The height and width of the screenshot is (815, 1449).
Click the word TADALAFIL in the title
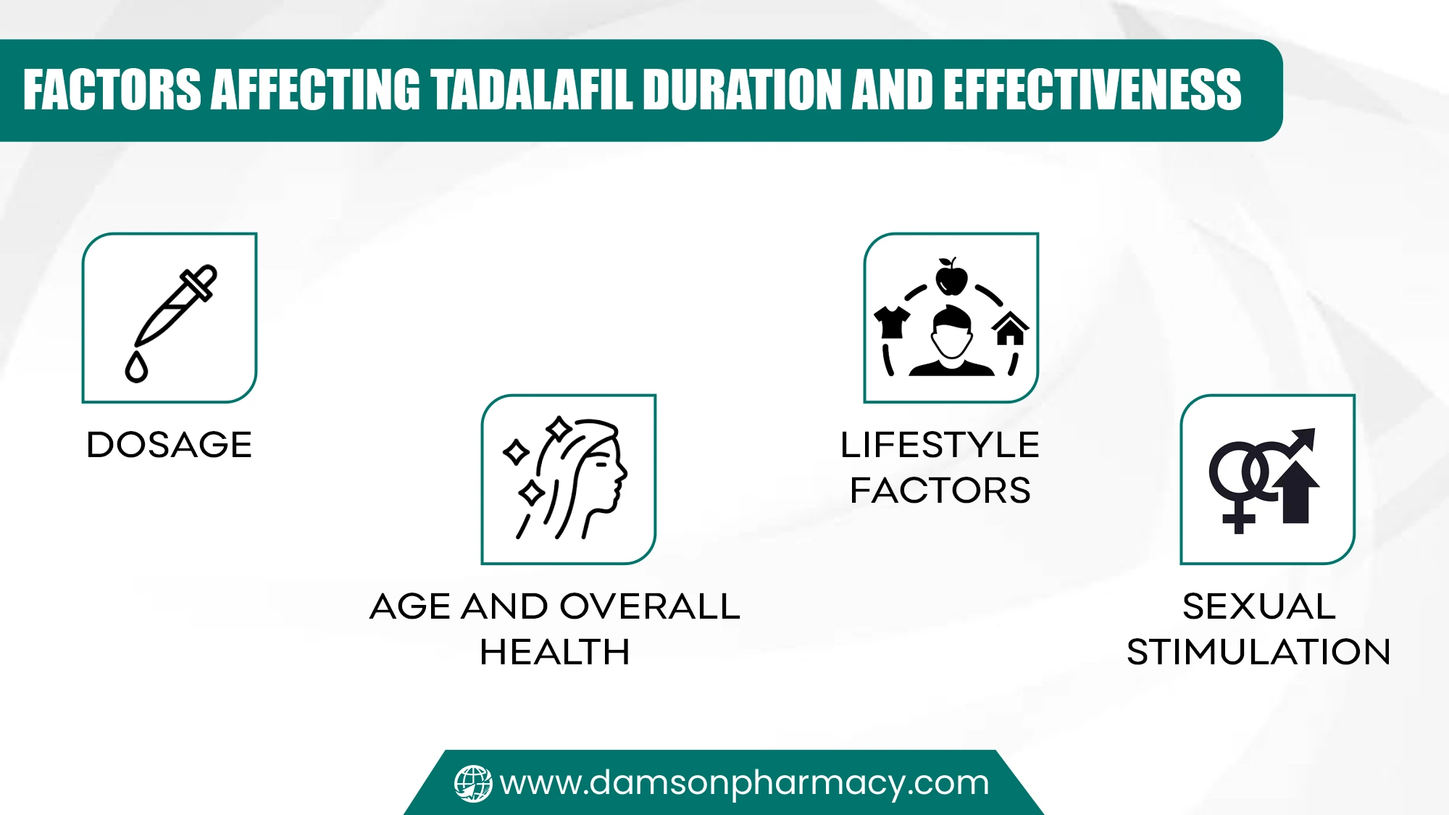click(x=533, y=91)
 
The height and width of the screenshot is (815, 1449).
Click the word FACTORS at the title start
click(x=112, y=91)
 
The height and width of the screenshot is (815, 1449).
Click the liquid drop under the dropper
click(x=136, y=367)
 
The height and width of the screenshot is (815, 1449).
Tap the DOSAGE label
click(x=170, y=445)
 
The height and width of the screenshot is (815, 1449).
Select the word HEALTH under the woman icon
click(x=555, y=652)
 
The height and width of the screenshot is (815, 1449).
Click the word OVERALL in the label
click(x=649, y=606)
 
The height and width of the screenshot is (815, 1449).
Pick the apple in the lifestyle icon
click(x=951, y=277)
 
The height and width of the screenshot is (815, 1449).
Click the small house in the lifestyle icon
click(x=1010, y=330)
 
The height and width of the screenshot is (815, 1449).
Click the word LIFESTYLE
click(x=940, y=445)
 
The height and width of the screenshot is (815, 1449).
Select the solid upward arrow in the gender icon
click(x=1297, y=493)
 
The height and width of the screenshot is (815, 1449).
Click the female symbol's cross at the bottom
click(x=1238, y=519)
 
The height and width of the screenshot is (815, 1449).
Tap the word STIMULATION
click(x=1258, y=652)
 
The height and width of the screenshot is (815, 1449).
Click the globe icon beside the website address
click(x=473, y=784)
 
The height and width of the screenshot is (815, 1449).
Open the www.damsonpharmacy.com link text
click(x=744, y=783)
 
